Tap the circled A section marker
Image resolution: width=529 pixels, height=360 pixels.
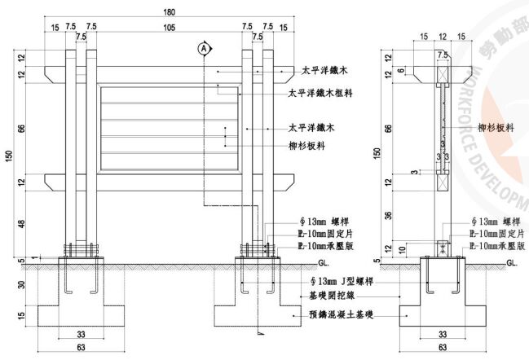coord(201,48)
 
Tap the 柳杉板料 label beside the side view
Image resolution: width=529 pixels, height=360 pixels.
coord(495,129)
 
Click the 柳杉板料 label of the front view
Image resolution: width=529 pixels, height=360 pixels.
coord(307,146)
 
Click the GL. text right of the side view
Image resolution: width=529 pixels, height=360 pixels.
coord(511,263)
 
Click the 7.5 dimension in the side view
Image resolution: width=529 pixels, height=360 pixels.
coord(442,55)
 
